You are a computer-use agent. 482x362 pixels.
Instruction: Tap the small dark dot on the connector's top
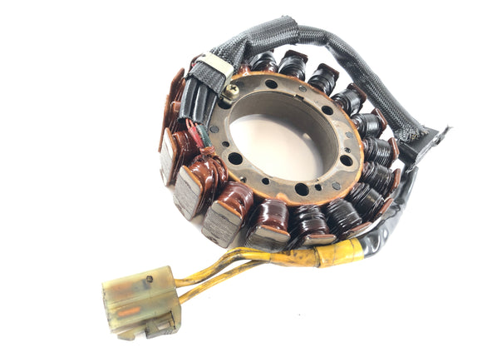(149, 278)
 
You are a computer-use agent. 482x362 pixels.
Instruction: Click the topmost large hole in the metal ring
(271, 84)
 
